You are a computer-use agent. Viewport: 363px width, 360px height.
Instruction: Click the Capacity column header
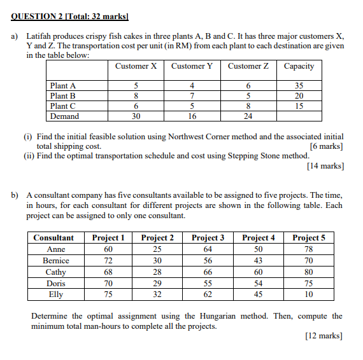click(x=299, y=66)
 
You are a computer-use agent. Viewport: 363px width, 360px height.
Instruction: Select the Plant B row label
click(x=63, y=96)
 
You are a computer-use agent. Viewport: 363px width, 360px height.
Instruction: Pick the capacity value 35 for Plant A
click(x=299, y=86)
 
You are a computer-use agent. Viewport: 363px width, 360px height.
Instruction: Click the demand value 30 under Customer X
click(x=136, y=116)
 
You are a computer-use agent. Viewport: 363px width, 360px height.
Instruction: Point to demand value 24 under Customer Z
click(x=248, y=116)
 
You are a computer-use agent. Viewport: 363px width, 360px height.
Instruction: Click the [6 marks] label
click(x=326, y=146)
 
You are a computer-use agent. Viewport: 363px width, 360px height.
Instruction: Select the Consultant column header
click(x=53, y=238)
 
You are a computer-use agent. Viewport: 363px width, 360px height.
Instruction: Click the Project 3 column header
click(x=208, y=238)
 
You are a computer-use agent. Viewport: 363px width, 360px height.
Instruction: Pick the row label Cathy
click(x=55, y=272)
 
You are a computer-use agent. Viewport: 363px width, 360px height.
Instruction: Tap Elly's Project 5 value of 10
click(x=308, y=294)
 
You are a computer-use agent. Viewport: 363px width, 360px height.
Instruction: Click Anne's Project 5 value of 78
click(x=308, y=249)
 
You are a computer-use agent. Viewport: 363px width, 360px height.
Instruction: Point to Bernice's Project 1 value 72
click(x=108, y=261)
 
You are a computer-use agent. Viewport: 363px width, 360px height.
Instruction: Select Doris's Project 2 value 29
click(x=157, y=284)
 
